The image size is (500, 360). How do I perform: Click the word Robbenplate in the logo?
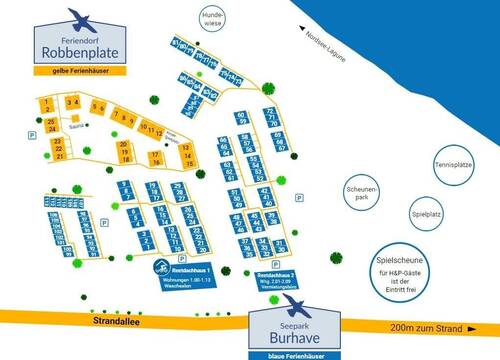pos(78,50)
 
